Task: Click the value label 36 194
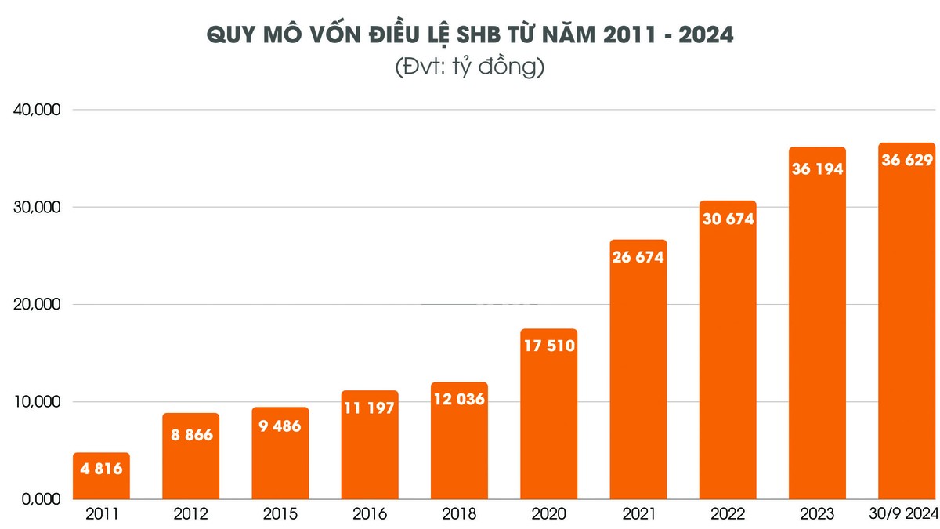point(817,168)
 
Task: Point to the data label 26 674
point(638,256)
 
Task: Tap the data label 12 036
point(459,398)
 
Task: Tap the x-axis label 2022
point(728,514)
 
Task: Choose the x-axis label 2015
point(280,514)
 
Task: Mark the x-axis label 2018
point(459,514)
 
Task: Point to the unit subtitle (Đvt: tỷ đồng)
point(470,67)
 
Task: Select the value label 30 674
point(728,219)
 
